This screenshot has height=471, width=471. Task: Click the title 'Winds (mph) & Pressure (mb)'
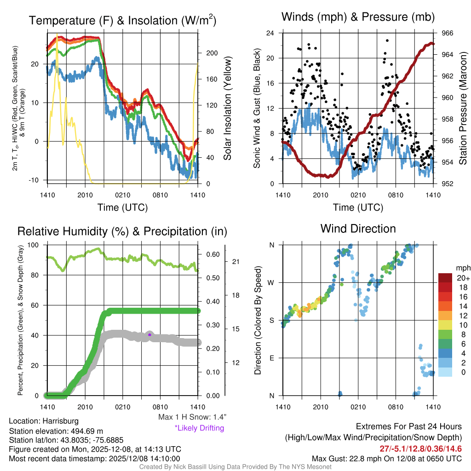(x=358, y=17)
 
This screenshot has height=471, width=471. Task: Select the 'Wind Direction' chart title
(x=358, y=229)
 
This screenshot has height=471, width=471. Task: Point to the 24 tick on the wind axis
(x=270, y=33)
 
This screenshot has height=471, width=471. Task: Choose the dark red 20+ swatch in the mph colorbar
(x=446, y=278)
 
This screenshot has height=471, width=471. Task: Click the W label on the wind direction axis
(x=271, y=282)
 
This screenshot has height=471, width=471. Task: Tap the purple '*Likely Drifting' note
(x=199, y=428)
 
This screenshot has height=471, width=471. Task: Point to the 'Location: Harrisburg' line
(x=44, y=421)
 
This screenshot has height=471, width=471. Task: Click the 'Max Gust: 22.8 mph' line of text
(x=386, y=458)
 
